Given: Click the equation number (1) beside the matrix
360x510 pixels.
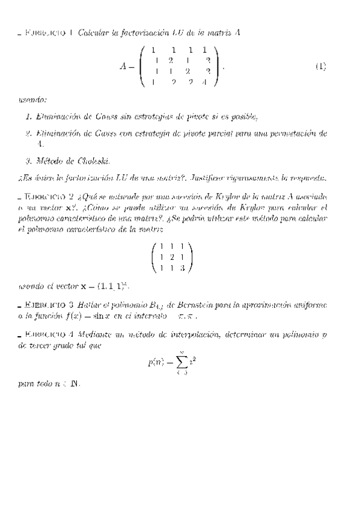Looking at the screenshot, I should click(x=320, y=67).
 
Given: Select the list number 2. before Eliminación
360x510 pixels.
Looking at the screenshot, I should click(x=29, y=133).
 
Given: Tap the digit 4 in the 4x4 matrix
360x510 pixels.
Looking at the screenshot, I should click(x=204, y=82).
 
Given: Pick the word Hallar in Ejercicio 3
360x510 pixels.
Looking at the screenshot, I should click(x=88, y=305).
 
